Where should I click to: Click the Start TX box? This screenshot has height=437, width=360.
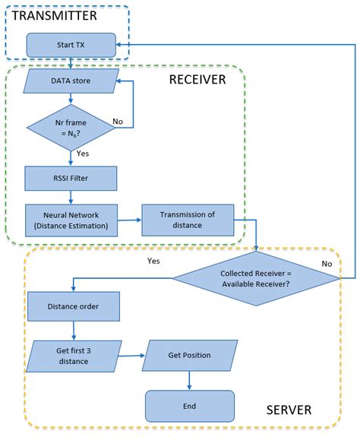(x=71, y=45)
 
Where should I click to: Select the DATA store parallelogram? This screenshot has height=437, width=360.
(x=71, y=80)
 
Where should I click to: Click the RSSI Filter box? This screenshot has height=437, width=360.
(x=71, y=179)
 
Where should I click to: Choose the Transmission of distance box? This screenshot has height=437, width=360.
(x=187, y=219)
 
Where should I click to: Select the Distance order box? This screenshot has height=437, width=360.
(x=73, y=306)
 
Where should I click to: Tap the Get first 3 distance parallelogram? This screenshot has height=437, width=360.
(x=73, y=355)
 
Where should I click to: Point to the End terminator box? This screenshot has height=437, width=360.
(x=189, y=406)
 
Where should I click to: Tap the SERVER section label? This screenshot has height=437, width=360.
(x=289, y=410)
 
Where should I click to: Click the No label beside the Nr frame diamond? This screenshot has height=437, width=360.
(x=118, y=121)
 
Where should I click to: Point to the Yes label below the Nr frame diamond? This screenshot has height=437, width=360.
(x=84, y=153)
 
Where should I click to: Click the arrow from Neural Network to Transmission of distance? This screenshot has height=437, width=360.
(x=129, y=219)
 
